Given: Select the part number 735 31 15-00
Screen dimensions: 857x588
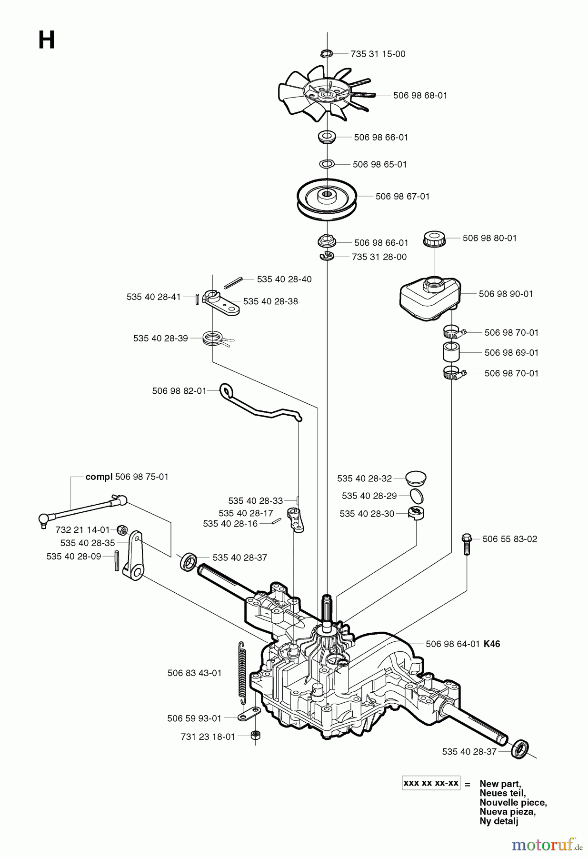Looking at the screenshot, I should click(x=378, y=54).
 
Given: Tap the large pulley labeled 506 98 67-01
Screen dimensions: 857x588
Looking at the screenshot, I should click(x=327, y=197).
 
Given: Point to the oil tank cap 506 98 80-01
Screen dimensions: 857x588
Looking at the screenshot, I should click(x=435, y=238).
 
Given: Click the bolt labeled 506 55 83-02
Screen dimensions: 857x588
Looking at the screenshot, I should click(x=466, y=543).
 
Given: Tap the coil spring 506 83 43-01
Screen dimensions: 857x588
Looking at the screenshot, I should click(x=242, y=673).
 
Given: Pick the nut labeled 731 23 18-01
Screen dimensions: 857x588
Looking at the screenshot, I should click(x=255, y=735).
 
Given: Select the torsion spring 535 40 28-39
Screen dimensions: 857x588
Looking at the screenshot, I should click(x=213, y=338).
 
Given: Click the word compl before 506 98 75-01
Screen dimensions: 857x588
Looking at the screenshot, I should click(x=99, y=477).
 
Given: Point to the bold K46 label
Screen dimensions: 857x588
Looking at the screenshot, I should click(x=492, y=644).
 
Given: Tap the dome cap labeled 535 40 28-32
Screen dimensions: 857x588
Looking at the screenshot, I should click(x=416, y=478).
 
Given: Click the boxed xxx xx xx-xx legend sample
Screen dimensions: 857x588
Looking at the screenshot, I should click(x=431, y=783).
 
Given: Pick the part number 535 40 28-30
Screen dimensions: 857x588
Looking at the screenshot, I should click(x=367, y=514).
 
